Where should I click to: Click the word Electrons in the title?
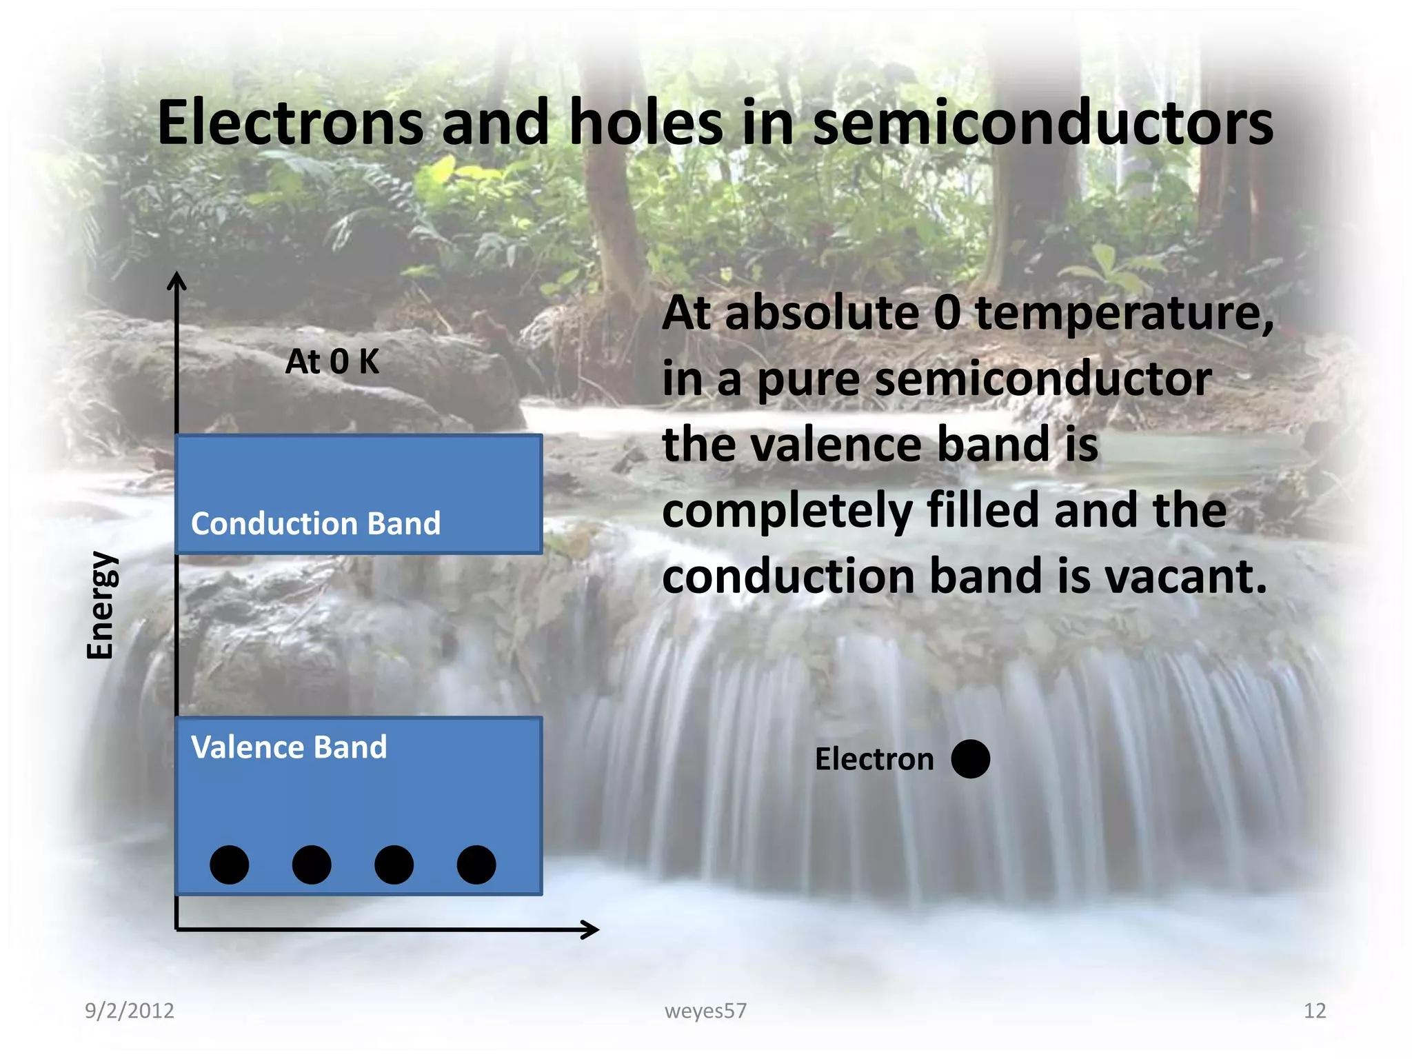[290, 123]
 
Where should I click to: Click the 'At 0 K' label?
[332, 361]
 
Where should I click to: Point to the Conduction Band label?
[316, 523]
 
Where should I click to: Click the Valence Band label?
[289, 747]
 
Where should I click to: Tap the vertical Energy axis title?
[100, 605]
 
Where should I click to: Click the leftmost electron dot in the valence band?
[230, 865]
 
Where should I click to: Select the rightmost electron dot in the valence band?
[476, 865]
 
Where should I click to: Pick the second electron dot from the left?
[312, 865]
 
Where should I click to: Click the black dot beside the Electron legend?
[970, 759]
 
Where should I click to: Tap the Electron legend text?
[874, 759]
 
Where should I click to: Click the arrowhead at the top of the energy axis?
[177, 279]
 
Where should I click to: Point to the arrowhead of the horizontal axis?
[592, 929]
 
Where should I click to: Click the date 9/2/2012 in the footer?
[130, 1011]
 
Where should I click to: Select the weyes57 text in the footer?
[705, 1011]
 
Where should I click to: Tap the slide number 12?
[1314, 1011]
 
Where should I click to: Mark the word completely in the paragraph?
[786, 510]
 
